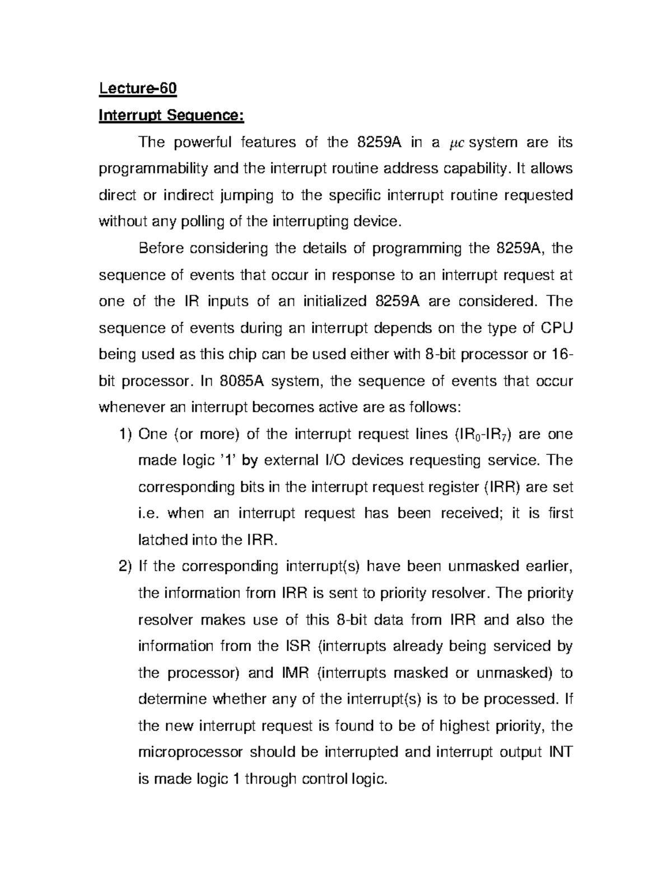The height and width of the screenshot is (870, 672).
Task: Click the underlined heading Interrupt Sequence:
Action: coord(171,115)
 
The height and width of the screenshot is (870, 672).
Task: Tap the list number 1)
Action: coord(125,435)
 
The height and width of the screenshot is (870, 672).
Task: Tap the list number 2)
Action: coord(125,567)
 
